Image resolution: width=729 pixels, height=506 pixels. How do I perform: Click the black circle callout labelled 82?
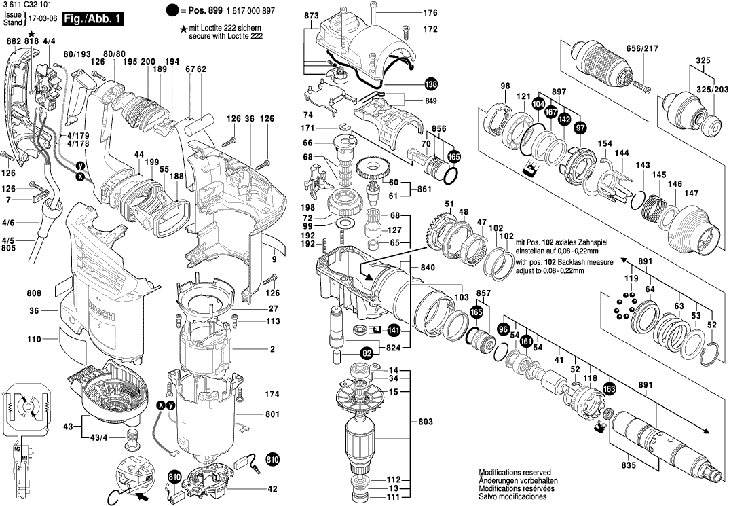[x=367, y=353]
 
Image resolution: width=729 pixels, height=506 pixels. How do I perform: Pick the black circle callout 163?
[x=608, y=388]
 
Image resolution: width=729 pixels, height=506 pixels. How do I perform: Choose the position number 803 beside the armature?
[x=426, y=422]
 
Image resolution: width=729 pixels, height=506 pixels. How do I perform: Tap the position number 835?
[x=627, y=465]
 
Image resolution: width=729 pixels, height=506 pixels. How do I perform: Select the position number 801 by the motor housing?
[x=272, y=414]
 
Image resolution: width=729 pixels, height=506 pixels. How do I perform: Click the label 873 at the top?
[x=312, y=15]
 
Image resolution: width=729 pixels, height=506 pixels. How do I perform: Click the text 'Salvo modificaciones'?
[x=514, y=497]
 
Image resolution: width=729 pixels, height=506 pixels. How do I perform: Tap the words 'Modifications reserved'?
[x=515, y=473]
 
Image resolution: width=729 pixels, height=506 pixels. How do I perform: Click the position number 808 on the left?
[x=35, y=294]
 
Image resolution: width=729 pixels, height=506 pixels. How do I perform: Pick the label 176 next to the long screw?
[x=431, y=13]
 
